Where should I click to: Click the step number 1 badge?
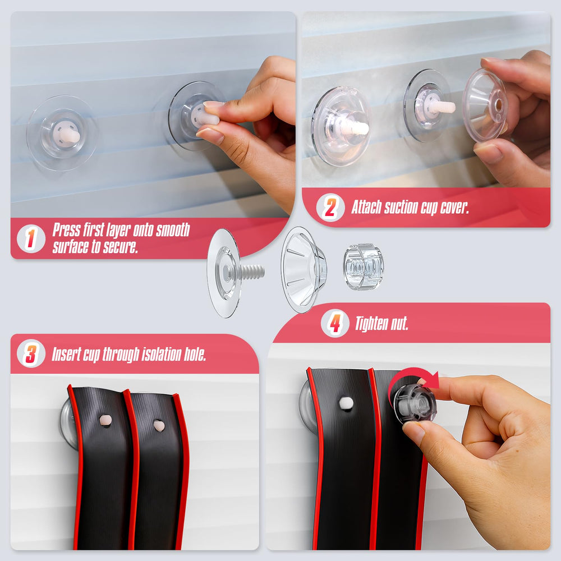[31, 238]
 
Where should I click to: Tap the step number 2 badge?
[330, 208]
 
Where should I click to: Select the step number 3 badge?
[31, 353]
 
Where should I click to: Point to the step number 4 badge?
[335, 323]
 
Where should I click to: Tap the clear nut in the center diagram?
[364, 266]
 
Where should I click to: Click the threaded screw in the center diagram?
[252, 273]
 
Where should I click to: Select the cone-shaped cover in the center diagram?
[303, 269]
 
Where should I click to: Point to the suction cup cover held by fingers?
[485, 105]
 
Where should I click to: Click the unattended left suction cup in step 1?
[62, 133]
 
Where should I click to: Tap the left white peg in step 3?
[105, 420]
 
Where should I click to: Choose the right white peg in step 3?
[159, 425]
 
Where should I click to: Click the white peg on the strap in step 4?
[346, 403]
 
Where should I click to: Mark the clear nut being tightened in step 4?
[415, 403]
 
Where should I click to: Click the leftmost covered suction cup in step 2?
[341, 126]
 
